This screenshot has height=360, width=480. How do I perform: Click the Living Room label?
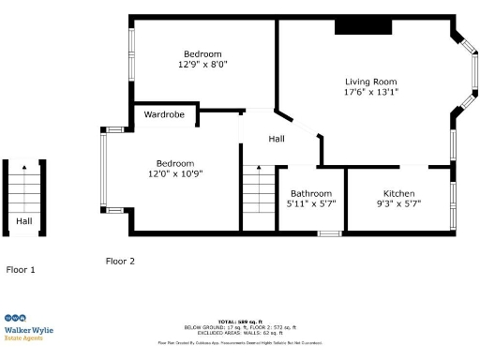point(371,82)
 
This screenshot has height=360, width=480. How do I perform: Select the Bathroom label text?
point(310,192)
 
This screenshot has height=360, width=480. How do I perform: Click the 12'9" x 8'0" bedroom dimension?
point(202,66)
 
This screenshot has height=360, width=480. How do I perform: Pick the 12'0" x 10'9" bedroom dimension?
point(175,173)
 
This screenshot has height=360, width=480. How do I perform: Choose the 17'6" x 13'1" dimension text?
point(371,93)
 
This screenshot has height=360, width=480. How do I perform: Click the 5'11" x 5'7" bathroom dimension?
point(310,203)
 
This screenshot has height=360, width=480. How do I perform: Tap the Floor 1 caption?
point(21,270)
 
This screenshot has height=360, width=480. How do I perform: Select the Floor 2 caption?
point(120,262)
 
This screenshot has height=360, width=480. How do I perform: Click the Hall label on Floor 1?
point(23,222)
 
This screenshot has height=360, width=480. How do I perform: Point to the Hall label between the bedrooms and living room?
point(277,139)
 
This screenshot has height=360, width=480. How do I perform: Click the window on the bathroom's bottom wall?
point(327,232)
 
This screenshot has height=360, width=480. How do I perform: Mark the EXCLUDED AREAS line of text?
point(239,333)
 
